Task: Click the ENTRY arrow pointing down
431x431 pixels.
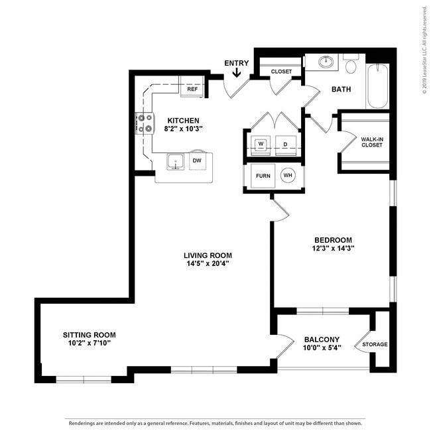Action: point(236,74)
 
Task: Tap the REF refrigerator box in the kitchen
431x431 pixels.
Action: point(192,88)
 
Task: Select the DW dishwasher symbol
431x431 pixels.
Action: point(197,160)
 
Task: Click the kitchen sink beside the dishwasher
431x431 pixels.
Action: point(176,161)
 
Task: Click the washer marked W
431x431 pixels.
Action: point(261,143)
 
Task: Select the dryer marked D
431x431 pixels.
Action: point(285,143)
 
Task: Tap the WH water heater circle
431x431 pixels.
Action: point(287,176)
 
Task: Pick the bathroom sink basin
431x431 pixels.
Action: point(326,63)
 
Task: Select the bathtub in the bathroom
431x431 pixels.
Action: point(378,86)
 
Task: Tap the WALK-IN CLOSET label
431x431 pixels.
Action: point(371,142)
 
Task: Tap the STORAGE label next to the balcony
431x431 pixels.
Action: point(375,344)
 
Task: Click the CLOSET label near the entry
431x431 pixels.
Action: point(281,71)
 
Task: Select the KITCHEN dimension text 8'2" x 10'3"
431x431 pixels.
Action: point(183,129)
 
